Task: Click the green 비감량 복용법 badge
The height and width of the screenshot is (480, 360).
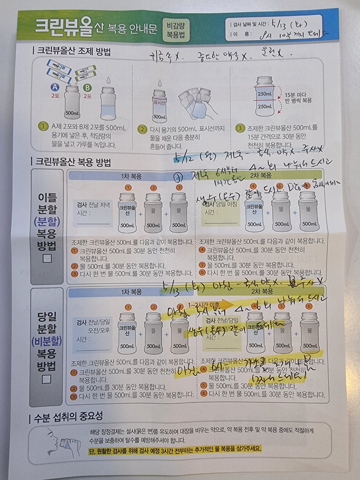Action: pyautogui.click(x=176, y=30)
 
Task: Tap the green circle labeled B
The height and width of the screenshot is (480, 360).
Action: pyautogui.click(x=87, y=88)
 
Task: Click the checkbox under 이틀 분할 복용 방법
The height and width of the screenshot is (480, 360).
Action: pyautogui.click(x=47, y=258)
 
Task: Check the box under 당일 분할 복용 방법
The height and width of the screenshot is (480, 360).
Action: pyautogui.click(x=47, y=379)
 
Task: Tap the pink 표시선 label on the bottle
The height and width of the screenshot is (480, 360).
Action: pyautogui.click(x=159, y=103)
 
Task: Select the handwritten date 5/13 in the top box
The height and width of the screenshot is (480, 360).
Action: pyautogui.click(x=278, y=24)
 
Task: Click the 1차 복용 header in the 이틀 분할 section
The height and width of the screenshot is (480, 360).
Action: pyautogui.click(x=131, y=176)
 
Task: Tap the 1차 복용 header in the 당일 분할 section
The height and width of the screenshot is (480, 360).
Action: pyautogui.click(x=131, y=292)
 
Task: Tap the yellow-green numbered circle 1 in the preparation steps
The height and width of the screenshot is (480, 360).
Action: pyautogui.click(x=43, y=126)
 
